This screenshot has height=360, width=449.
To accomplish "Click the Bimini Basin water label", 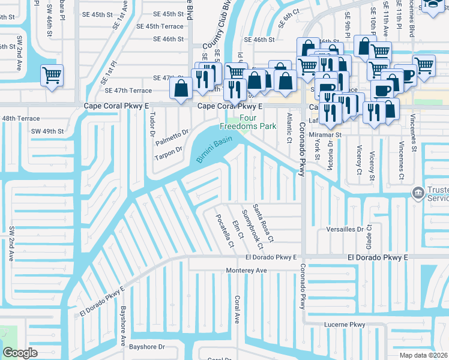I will tap(214, 150).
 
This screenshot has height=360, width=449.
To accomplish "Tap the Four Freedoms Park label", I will tap(248, 122).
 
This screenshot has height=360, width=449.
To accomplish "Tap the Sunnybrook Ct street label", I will tap(252, 230).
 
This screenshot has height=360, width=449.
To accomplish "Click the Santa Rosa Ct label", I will tap(263, 223).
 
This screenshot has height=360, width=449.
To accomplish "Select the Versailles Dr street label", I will tap(343, 229).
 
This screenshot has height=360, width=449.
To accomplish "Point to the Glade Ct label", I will tap(370, 235).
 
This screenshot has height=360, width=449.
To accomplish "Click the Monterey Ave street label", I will tap(246, 271).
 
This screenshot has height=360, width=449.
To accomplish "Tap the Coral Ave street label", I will tap(238, 310).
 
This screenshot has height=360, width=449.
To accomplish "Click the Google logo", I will tap(20, 353).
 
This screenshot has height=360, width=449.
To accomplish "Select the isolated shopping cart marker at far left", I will tap(52, 76).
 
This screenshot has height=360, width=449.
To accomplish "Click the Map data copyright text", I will tap(424, 355).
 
